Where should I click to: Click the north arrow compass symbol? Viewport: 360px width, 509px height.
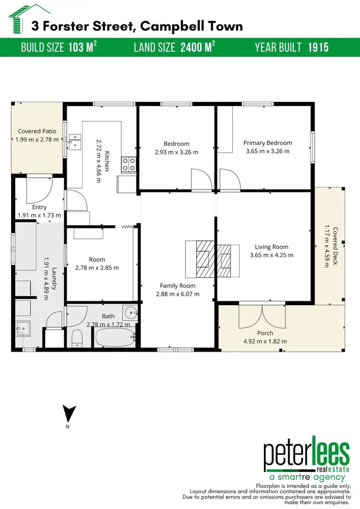pos(70,414)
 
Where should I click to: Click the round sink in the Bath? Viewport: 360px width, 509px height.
pos(129,312)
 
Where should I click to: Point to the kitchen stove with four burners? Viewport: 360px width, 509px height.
pos(129,165)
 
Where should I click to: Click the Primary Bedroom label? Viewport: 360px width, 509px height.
pos(267,143)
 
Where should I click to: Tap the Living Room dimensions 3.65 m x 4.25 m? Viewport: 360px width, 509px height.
pos(271,255)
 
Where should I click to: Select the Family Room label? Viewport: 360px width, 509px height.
pos(178,285)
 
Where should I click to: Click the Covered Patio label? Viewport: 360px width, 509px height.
pos(37,131)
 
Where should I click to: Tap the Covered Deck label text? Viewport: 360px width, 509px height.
pos(335,247)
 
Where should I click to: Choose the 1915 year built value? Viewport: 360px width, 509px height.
pos(318,47)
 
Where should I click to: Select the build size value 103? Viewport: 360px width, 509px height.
pos(77,47)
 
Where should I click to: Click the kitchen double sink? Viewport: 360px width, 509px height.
pos(75,140)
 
